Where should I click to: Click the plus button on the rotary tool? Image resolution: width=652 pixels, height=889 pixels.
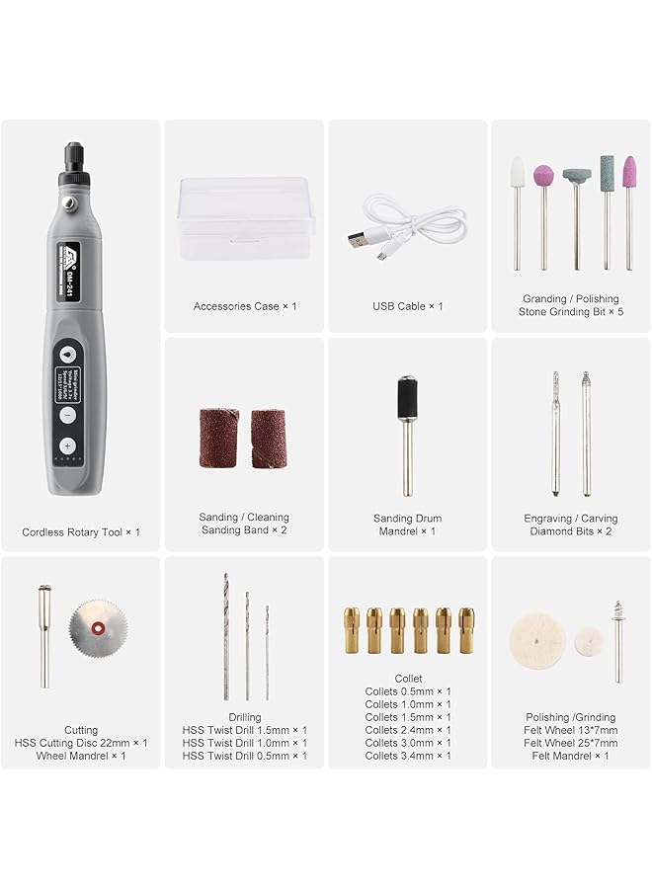[x=68, y=446]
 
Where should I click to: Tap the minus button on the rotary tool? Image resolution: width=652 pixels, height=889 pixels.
[x=68, y=415]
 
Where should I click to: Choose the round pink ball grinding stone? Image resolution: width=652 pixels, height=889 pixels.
[x=543, y=177]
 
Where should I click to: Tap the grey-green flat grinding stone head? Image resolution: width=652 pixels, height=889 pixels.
[x=576, y=175]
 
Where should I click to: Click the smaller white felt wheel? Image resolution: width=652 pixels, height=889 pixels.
[x=590, y=639]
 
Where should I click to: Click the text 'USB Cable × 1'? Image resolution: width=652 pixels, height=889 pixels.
[x=407, y=306]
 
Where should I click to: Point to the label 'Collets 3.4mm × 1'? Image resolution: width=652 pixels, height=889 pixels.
[x=408, y=756]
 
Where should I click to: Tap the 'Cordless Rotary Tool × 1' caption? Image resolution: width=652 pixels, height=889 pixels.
[x=81, y=532]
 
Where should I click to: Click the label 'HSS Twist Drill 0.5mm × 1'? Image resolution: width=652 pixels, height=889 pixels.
[x=244, y=756]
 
